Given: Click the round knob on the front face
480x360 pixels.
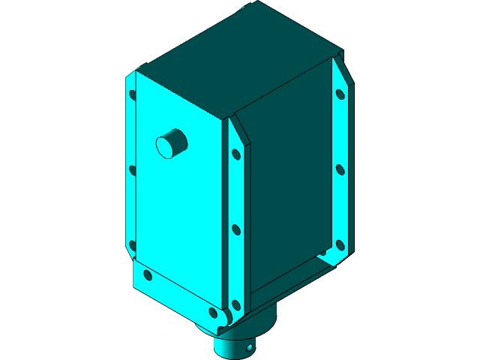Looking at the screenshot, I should pos(172,143).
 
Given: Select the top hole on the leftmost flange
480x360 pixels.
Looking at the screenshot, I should pos(133,95).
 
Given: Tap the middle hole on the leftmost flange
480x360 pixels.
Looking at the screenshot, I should pos(133,170).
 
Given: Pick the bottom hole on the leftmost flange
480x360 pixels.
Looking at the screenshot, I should pos(133,244).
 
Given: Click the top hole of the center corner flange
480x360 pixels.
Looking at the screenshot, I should pos(235,154).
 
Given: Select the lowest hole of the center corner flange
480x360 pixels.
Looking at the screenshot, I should pos(235,304).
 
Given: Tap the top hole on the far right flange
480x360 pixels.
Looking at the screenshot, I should pos(340,94).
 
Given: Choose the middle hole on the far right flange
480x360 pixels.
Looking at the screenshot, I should pos(340,169).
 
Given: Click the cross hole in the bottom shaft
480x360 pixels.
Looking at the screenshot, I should pos(249,348).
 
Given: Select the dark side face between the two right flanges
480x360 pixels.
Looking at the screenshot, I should pos(289,187).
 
